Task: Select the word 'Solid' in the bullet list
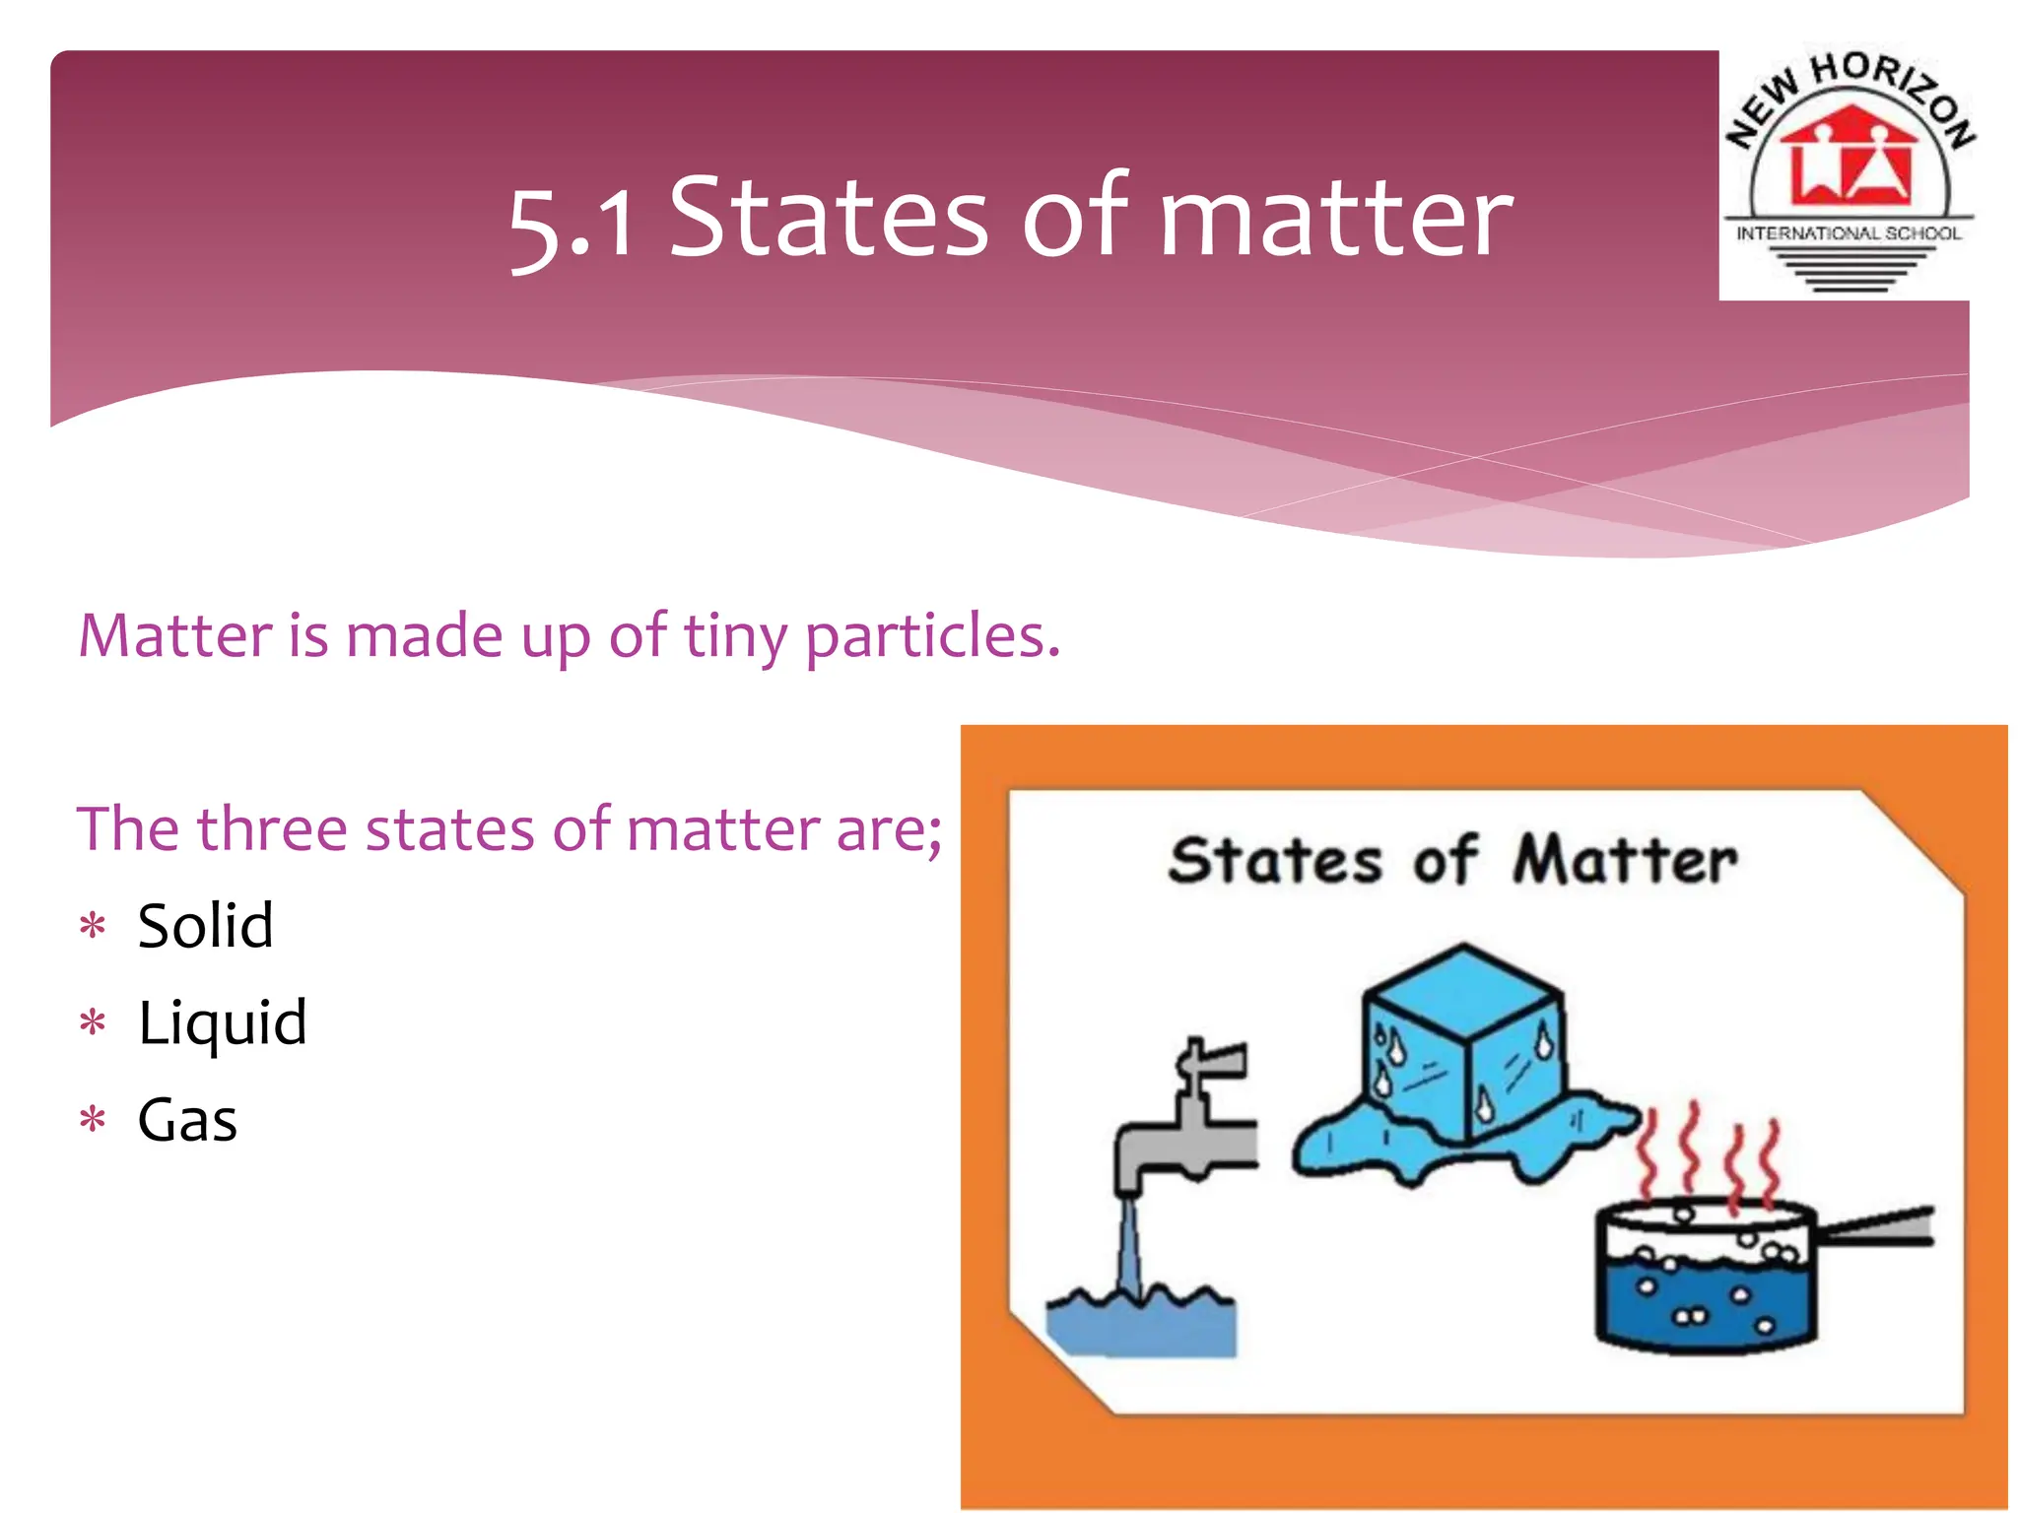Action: (205, 926)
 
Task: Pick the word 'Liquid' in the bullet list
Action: (223, 1023)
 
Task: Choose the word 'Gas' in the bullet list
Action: (187, 1120)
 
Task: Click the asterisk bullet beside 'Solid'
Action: (93, 927)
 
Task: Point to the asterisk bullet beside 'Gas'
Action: (93, 1121)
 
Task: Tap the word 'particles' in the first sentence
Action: (930, 636)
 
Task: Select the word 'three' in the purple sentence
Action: (272, 829)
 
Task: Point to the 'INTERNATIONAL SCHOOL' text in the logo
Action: (1849, 233)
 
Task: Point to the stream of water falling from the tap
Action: (1129, 1246)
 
